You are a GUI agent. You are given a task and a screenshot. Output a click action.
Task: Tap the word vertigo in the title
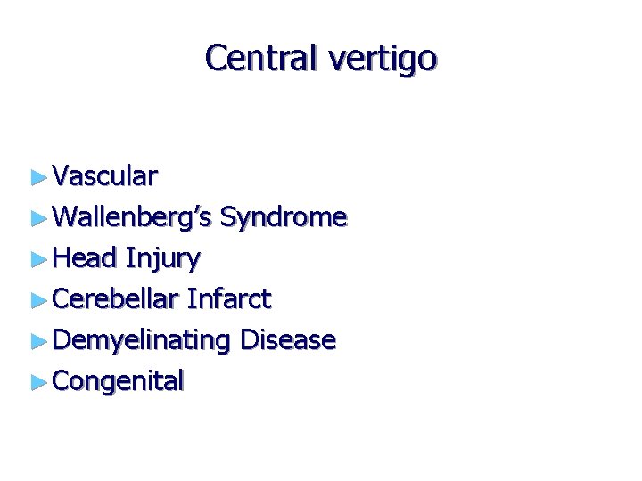(383, 60)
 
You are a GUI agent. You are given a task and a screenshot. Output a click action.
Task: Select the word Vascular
(105, 176)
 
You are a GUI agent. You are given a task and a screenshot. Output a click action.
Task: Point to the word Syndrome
(283, 218)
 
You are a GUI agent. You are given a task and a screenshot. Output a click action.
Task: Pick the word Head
(85, 258)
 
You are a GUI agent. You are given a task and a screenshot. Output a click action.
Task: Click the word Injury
(163, 259)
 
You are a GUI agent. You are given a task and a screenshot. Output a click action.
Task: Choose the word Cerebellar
(116, 299)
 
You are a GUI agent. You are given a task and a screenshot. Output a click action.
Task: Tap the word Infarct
(229, 299)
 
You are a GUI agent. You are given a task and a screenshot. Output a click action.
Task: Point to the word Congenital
(119, 381)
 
